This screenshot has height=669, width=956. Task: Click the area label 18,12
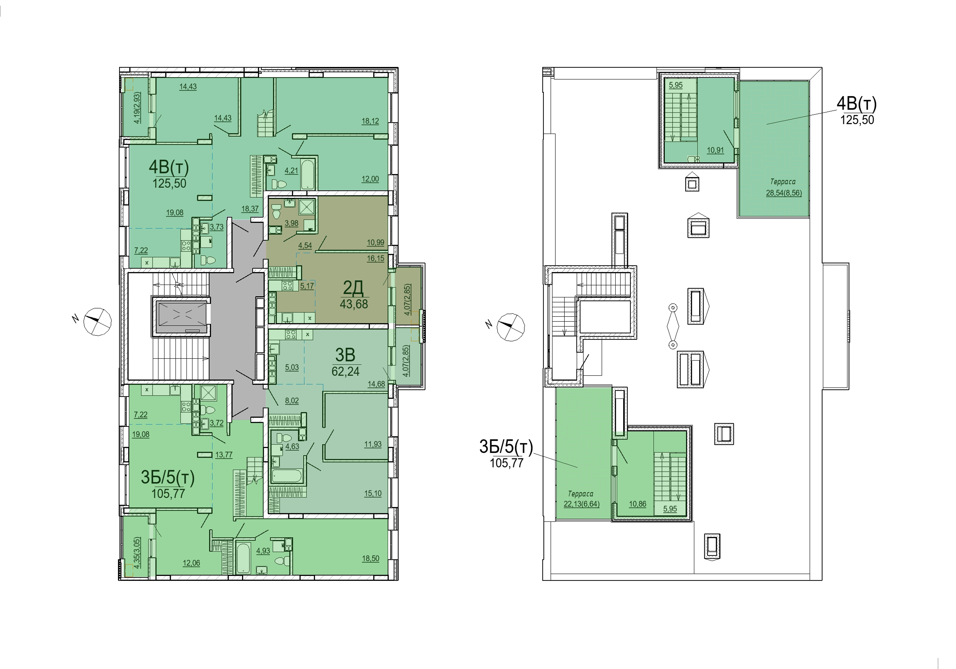[370, 121]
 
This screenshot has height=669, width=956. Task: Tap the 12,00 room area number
[370, 179]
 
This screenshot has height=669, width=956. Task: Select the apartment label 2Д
[353, 288]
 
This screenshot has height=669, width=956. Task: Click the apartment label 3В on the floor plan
[345, 355]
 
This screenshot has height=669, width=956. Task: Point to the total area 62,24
[345, 371]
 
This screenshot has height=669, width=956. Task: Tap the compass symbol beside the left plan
[98, 322]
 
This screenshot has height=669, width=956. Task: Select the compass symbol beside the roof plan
[511, 327]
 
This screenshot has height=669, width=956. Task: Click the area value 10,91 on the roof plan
[715, 150]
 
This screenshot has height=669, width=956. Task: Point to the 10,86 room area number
[638, 504]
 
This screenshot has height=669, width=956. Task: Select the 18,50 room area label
[371, 559]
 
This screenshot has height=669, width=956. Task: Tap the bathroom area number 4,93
[263, 551]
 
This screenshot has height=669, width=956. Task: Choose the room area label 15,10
[372, 494]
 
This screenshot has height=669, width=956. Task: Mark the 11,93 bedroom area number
[372, 444]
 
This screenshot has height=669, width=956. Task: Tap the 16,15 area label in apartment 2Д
[376, 259]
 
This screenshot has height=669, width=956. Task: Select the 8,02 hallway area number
[292, 401]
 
